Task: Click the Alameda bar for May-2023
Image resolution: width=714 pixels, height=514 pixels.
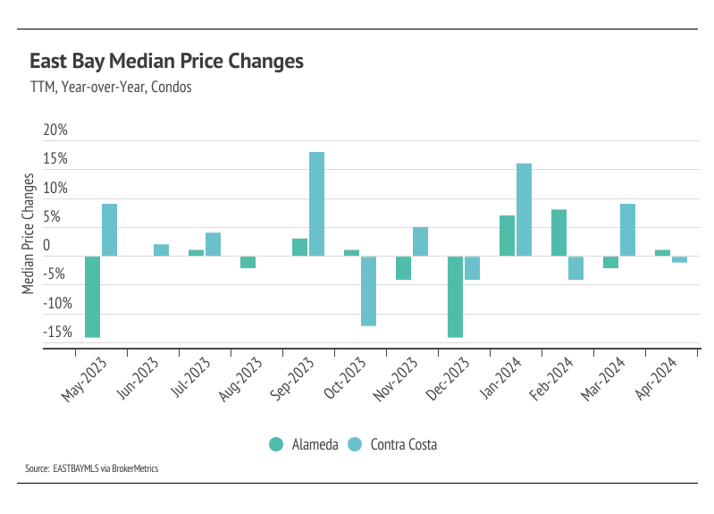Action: (92, 297)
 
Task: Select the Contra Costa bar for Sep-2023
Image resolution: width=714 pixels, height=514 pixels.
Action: (316, 204)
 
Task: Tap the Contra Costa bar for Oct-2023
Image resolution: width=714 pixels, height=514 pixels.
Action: (368, 291)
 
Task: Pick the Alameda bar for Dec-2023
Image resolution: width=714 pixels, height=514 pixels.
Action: (456, 297)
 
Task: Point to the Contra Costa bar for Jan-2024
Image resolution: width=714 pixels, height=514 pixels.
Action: (524, 210)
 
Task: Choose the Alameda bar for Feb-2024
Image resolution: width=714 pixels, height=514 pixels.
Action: (559, 232)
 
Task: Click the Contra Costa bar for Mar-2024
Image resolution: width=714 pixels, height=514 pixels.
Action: (627, 230)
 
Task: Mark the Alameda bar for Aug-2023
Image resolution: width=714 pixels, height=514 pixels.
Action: (248, 262)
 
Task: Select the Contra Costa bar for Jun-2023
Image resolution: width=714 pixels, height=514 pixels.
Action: (161, 250)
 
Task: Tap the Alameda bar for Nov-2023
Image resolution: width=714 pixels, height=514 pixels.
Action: (403, 268)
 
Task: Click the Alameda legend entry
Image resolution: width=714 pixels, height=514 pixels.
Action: (301, 444)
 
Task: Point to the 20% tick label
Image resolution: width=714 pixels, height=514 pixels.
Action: (55, 131)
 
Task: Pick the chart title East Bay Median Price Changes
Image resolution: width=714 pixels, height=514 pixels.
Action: (167, 62)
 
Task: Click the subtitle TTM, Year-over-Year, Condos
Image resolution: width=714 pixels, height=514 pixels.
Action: (112, 88)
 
